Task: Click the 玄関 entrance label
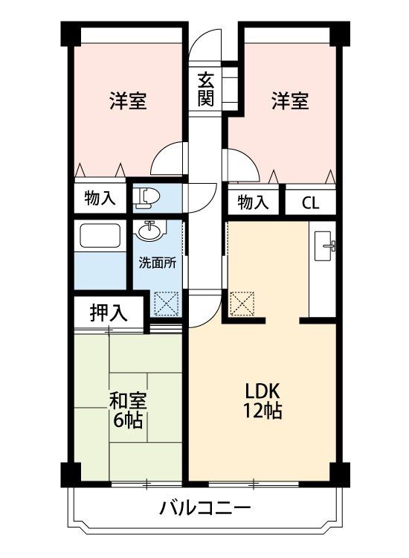click(206, 89)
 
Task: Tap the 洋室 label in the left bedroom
click(127, 101)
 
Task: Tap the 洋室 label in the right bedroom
click(289, 101)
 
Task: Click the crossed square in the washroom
click(163, 303)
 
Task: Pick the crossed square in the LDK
click(242, 303)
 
